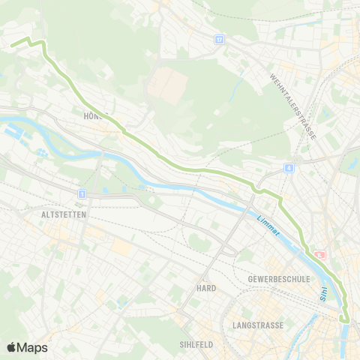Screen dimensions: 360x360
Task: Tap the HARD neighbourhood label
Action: (205, 288)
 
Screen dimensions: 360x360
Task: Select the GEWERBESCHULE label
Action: (278, 278)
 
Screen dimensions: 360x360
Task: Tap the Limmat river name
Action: (267, 226)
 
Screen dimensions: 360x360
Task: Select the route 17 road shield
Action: (219, 39)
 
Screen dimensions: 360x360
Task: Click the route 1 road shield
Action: (81, 193)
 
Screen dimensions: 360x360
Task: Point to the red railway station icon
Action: (320, 255)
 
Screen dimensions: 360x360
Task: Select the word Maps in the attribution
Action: (33, 347)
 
